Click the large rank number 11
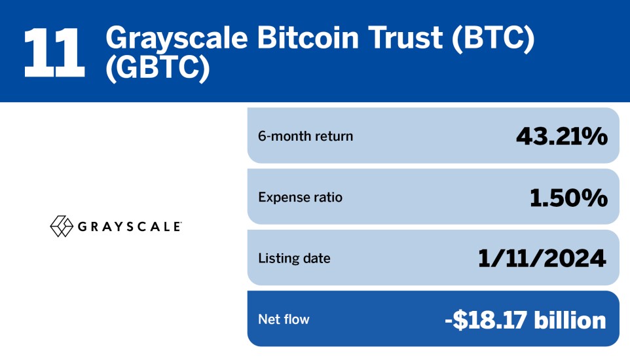click(54, 52)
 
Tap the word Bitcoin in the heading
click(308, 38)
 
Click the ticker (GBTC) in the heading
click(158, 69)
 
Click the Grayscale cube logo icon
click(62, 226)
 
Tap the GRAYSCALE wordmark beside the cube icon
click(130, 226)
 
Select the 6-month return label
click(305, 136)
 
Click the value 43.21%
click(562, 135)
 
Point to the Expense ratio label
click(300, 197)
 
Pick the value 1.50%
click(568, 197)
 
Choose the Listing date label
click(294, 259)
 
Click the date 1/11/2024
click(542, 259)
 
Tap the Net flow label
click(284, 319)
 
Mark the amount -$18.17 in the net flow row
click(486, 320)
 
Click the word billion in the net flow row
click(570, 319)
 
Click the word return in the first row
click(334, 136)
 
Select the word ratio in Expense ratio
click(329, 197)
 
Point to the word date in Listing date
click(316, 259)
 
